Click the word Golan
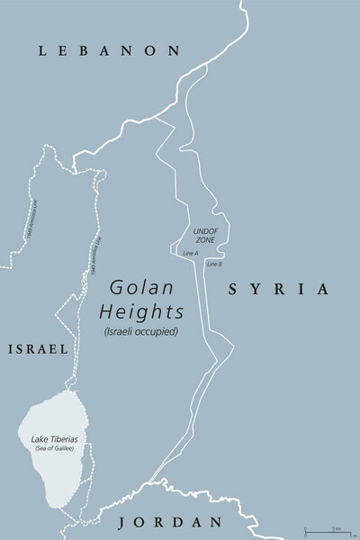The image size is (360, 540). [142, 289]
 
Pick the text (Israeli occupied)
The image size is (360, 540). [144, 330]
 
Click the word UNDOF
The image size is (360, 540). [205, 230]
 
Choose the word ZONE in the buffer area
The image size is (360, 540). [204, 240]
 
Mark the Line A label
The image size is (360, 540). [190, 254]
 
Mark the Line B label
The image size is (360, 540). [214, 264]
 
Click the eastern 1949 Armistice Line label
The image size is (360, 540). [94, 256]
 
